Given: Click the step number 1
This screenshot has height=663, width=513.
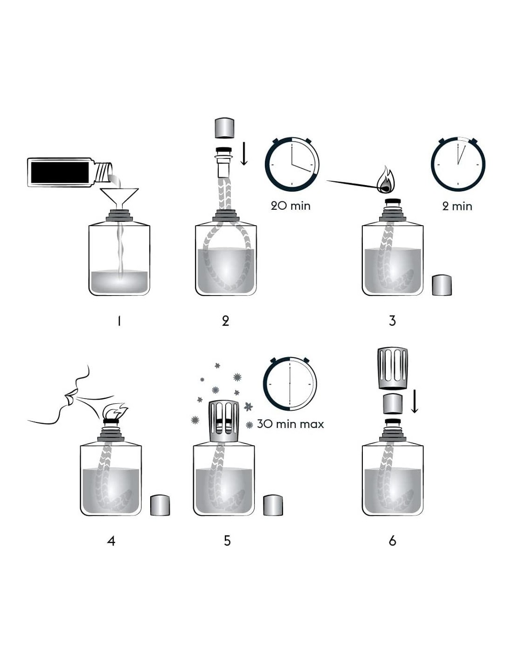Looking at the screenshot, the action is click(x=119, y=321).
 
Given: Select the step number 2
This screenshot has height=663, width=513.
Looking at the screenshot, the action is click(x=225, y=321).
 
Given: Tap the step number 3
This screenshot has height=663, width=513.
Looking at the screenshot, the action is click(x=392, y=321).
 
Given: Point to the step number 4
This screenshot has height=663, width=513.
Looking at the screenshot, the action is click(x=111, y=541).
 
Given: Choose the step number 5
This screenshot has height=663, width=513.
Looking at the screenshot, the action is click(x=227, y=541).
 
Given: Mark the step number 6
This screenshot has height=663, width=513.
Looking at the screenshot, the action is click(x=393, y=541).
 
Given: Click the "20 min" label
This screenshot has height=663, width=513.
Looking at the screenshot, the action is click(x=291, y=206).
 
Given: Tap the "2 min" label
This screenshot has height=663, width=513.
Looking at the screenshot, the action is click(x=457, y=206).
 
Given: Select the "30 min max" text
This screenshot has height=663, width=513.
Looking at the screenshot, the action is click(x=290, y=424).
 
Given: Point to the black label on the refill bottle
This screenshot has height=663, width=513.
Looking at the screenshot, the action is click(x=60, y=173).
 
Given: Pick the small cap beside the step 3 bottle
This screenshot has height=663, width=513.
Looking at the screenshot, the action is click(x=442, y=285).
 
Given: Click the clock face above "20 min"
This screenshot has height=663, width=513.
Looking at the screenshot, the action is click(x=292, y=164).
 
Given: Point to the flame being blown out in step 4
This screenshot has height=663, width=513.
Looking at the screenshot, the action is click(x=116, y=411).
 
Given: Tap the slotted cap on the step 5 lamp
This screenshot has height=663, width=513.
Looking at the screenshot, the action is click(x=224, y=422).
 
